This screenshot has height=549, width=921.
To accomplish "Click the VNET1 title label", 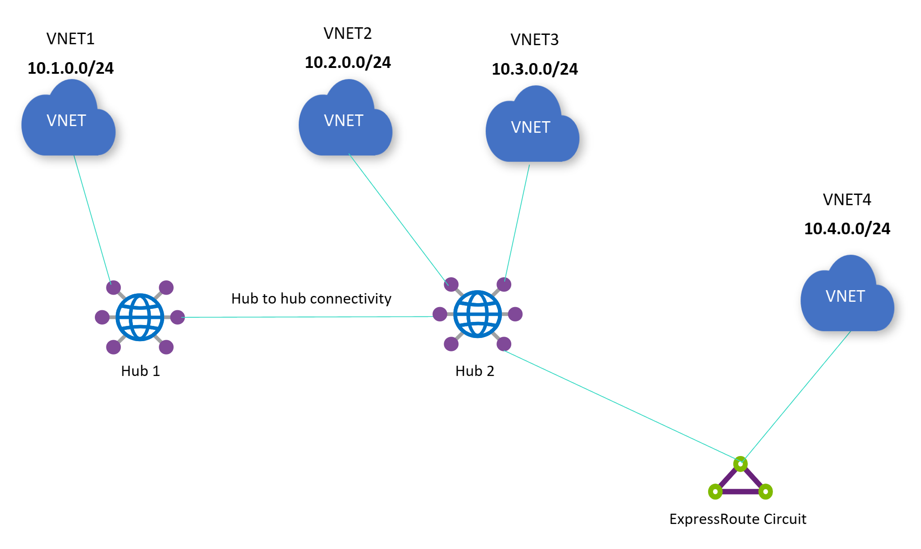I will click(x=71, y=39).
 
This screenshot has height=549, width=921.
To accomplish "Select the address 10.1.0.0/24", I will click(x=71, y=68).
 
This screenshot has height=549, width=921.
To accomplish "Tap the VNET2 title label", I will click(x=348, y=34).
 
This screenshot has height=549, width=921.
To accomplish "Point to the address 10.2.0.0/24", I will click(x=348, y=62).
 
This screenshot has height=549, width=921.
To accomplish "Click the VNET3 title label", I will click(x=535, y=40).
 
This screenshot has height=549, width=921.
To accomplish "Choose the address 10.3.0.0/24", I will click(x=535, y=69).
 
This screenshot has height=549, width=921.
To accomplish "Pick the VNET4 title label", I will click(x=847, y=199).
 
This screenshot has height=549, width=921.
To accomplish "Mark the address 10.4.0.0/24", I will click(x=847, y=228).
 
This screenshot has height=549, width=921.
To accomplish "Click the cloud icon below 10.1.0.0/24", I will click(x=68, y=121).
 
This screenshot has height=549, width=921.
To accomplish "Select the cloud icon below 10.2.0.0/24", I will click(x=345, y=121).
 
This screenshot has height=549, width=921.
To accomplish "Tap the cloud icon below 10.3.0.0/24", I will click(x=532, y=127).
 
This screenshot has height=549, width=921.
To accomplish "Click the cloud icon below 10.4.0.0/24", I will click(x=847, y=296).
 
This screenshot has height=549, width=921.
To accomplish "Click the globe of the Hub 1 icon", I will click(x=140, y=317).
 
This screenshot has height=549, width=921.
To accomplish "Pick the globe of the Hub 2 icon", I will click(x=477, y=314).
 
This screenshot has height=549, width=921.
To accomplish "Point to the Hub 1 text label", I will click(x=140, y=371).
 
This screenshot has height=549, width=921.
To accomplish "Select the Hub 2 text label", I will click(x=475, y=371).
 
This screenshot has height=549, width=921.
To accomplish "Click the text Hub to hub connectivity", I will click(x=311, y=298).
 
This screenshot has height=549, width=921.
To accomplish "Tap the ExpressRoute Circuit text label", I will click(x=738, y=519).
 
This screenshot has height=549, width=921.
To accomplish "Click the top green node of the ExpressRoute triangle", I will click(x=740, y=464).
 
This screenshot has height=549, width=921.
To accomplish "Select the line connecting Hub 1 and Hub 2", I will click(x=309, y=317).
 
